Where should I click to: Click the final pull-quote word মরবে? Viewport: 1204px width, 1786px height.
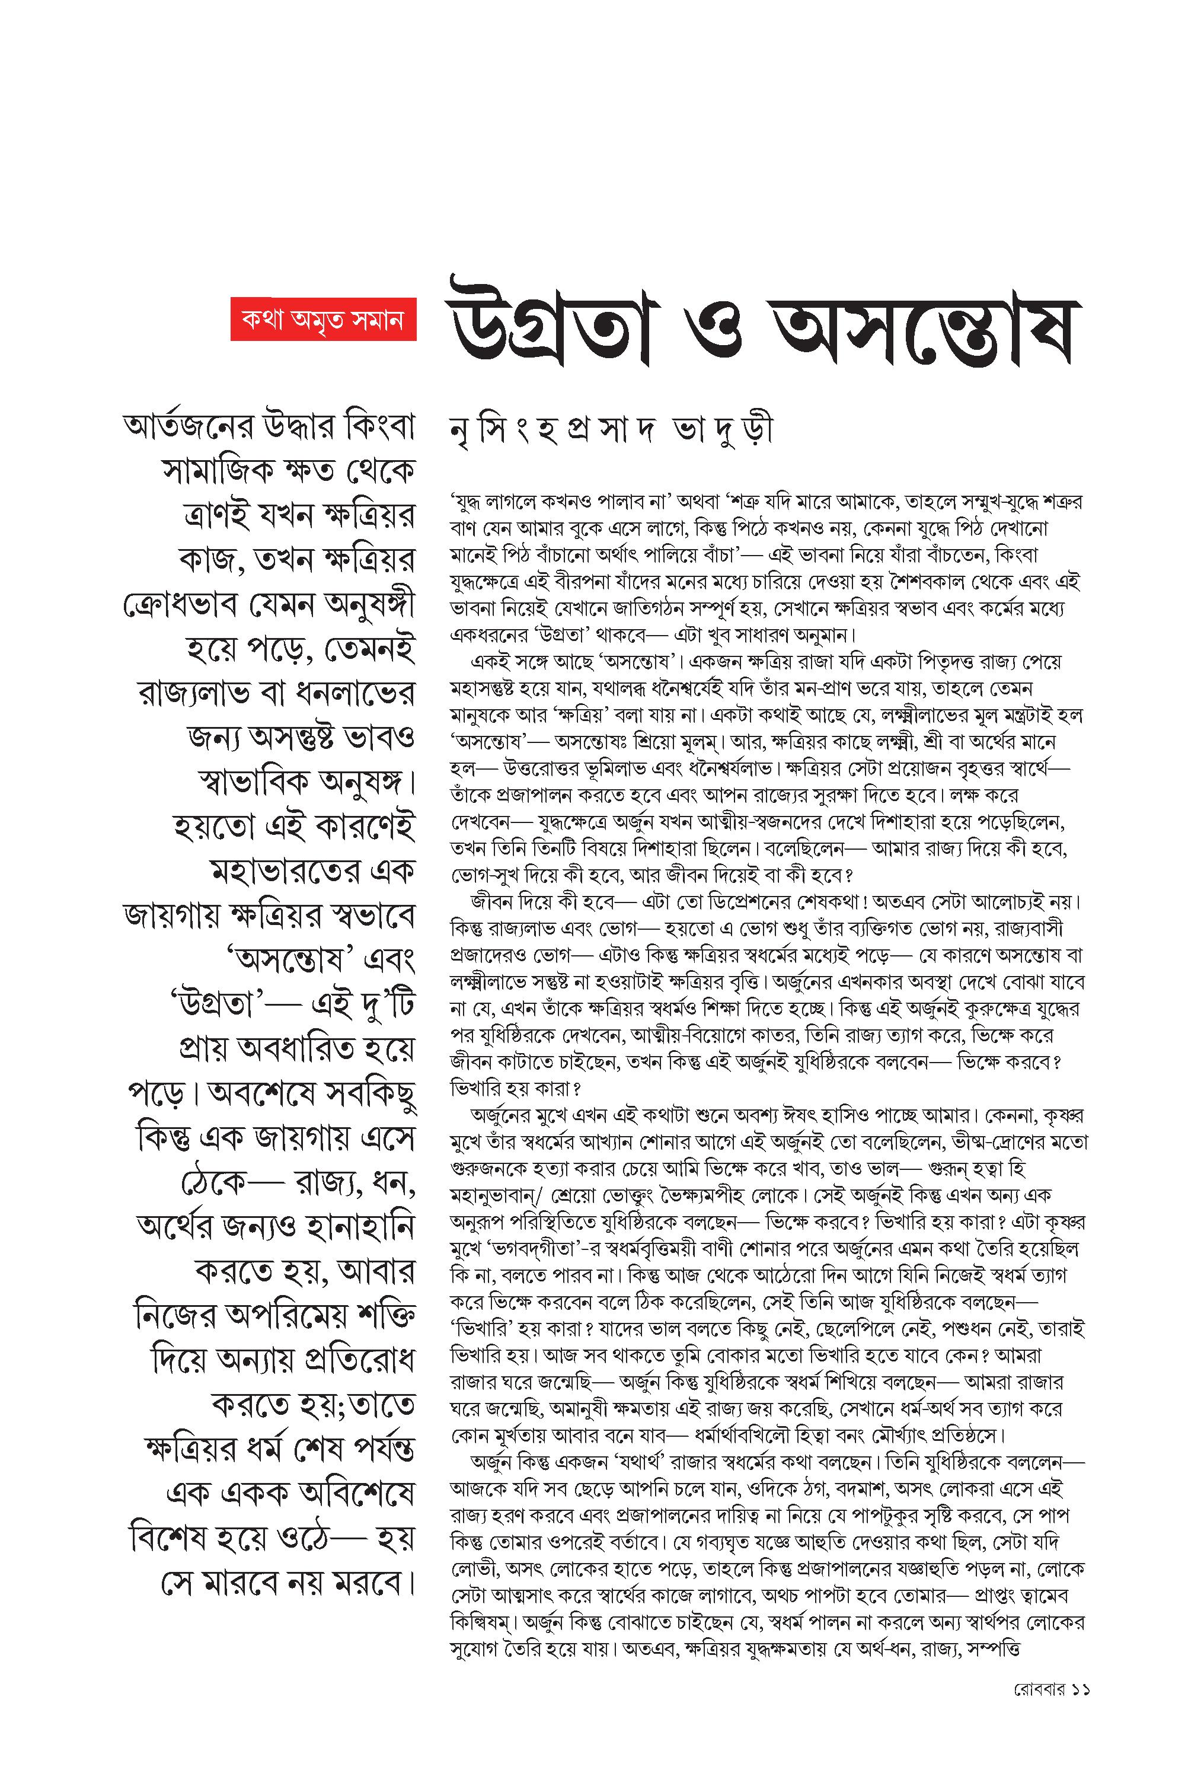pos(372,1583)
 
